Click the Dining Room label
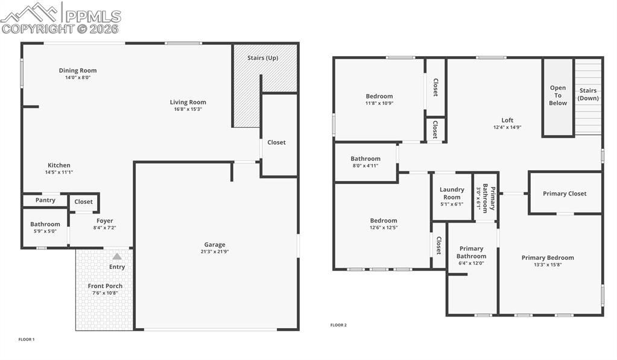point(78,71)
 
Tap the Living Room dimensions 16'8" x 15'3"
point(188,109)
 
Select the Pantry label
point(45,200)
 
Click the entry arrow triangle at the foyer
point(117,256)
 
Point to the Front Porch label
point(105,286)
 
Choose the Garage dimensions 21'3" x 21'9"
point(214,251)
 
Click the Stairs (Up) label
point(264,58)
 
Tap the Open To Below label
point(558,95)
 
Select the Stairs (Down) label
point(588,94)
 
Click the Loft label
point(507,120)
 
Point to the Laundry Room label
point(452,193)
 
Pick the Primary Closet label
point(565,194)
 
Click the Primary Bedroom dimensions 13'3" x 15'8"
point(548,265)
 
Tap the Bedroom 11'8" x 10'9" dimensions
point(379,103)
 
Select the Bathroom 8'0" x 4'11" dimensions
point(365,166)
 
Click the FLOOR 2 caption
point(338,325)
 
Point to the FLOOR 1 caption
point(27,339)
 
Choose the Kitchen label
point(59,165)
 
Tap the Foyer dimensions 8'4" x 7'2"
point(105,228)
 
